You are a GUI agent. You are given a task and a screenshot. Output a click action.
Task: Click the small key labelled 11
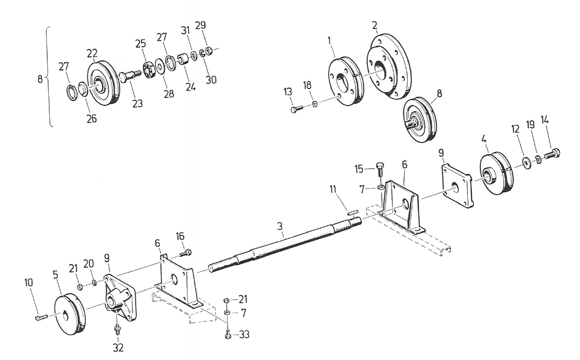click(351, 212)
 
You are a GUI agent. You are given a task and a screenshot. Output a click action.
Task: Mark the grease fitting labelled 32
click(117, 328)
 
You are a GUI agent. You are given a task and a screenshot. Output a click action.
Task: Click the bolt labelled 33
click(228, 335)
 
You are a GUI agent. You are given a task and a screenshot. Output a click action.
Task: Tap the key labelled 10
click(40, 317)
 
